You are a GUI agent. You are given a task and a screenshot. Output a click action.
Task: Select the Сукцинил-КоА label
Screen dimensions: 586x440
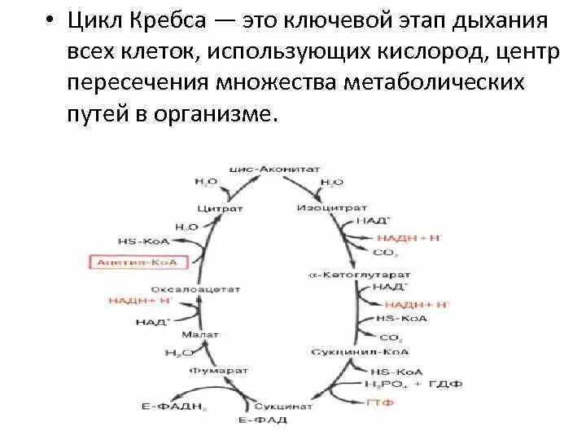point(349,351)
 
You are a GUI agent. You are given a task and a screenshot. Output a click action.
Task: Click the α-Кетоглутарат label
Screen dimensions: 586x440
point(361,274)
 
